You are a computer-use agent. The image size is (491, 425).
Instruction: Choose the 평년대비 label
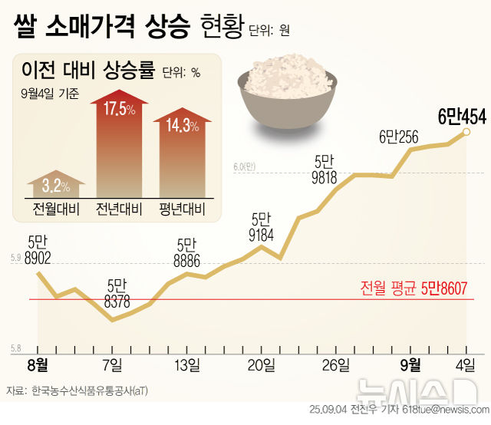click(181, 209)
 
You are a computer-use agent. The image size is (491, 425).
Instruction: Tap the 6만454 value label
click(462, 117)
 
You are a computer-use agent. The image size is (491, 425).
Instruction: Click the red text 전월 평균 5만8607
click(414, 288)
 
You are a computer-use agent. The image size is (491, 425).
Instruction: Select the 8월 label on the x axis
click(37, 363)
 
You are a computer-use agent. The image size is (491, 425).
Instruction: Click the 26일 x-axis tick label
click(336, 363)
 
